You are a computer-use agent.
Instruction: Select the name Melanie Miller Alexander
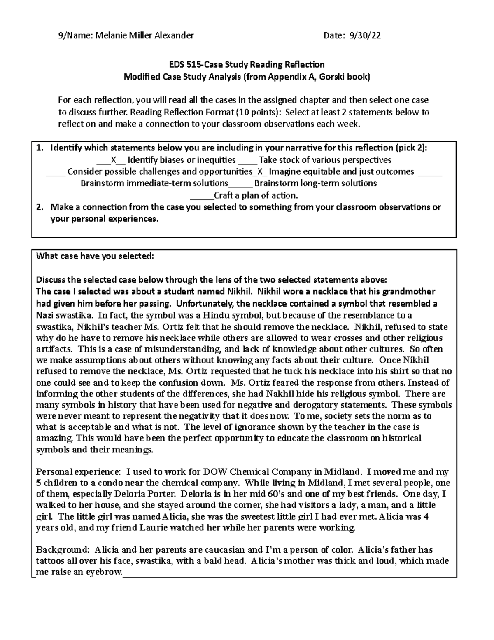tap(144, 36)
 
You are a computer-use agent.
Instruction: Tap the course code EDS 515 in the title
tap(184, 65)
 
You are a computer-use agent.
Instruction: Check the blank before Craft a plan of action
tap(205, 195)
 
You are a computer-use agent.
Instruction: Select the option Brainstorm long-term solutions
tap(315, 183)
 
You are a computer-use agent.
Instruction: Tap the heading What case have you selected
tap(95, 256)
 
